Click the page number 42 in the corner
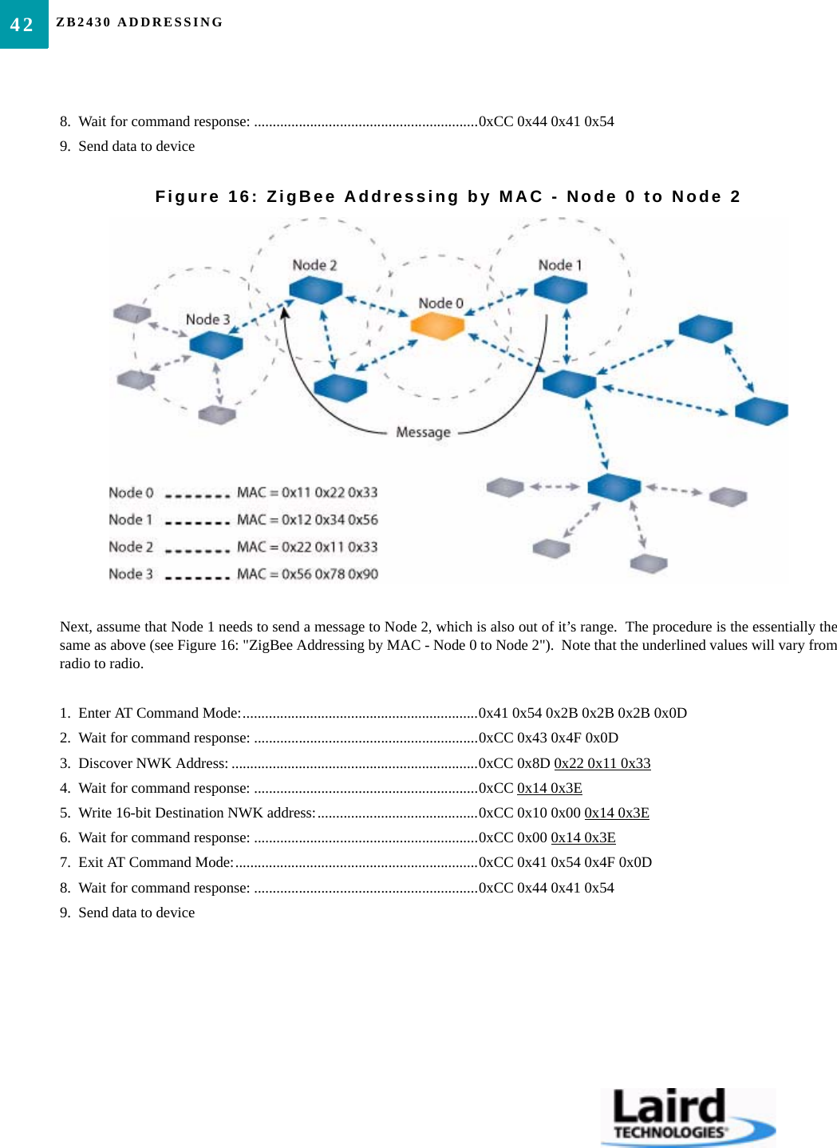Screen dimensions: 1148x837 click(22, 25)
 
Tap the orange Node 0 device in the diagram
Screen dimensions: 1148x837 click(437, 326)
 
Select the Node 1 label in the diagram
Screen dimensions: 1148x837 click(560, 265)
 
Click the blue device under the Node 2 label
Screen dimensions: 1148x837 click(315, 290)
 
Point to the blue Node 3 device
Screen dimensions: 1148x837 click(216, 345)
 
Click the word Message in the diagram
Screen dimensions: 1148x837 click(423, 432)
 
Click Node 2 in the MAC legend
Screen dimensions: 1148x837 click(131, 547)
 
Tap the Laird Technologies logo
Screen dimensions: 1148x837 click(687, 1115)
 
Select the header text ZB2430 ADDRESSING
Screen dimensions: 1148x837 click(140, 22)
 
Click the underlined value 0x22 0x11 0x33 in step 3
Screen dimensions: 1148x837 click(602, 763)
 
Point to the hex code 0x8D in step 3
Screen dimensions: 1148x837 click(534, 763)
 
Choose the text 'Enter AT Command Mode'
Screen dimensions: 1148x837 click(160, 713)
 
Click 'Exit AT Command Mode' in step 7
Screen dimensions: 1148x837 click(156, 862)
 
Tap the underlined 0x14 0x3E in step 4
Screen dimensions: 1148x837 click(550, 788)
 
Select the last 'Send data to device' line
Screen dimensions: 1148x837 click(136, 912)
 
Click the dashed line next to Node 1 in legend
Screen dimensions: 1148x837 click(197, 523)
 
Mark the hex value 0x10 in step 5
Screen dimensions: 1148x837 click(532, 813)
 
